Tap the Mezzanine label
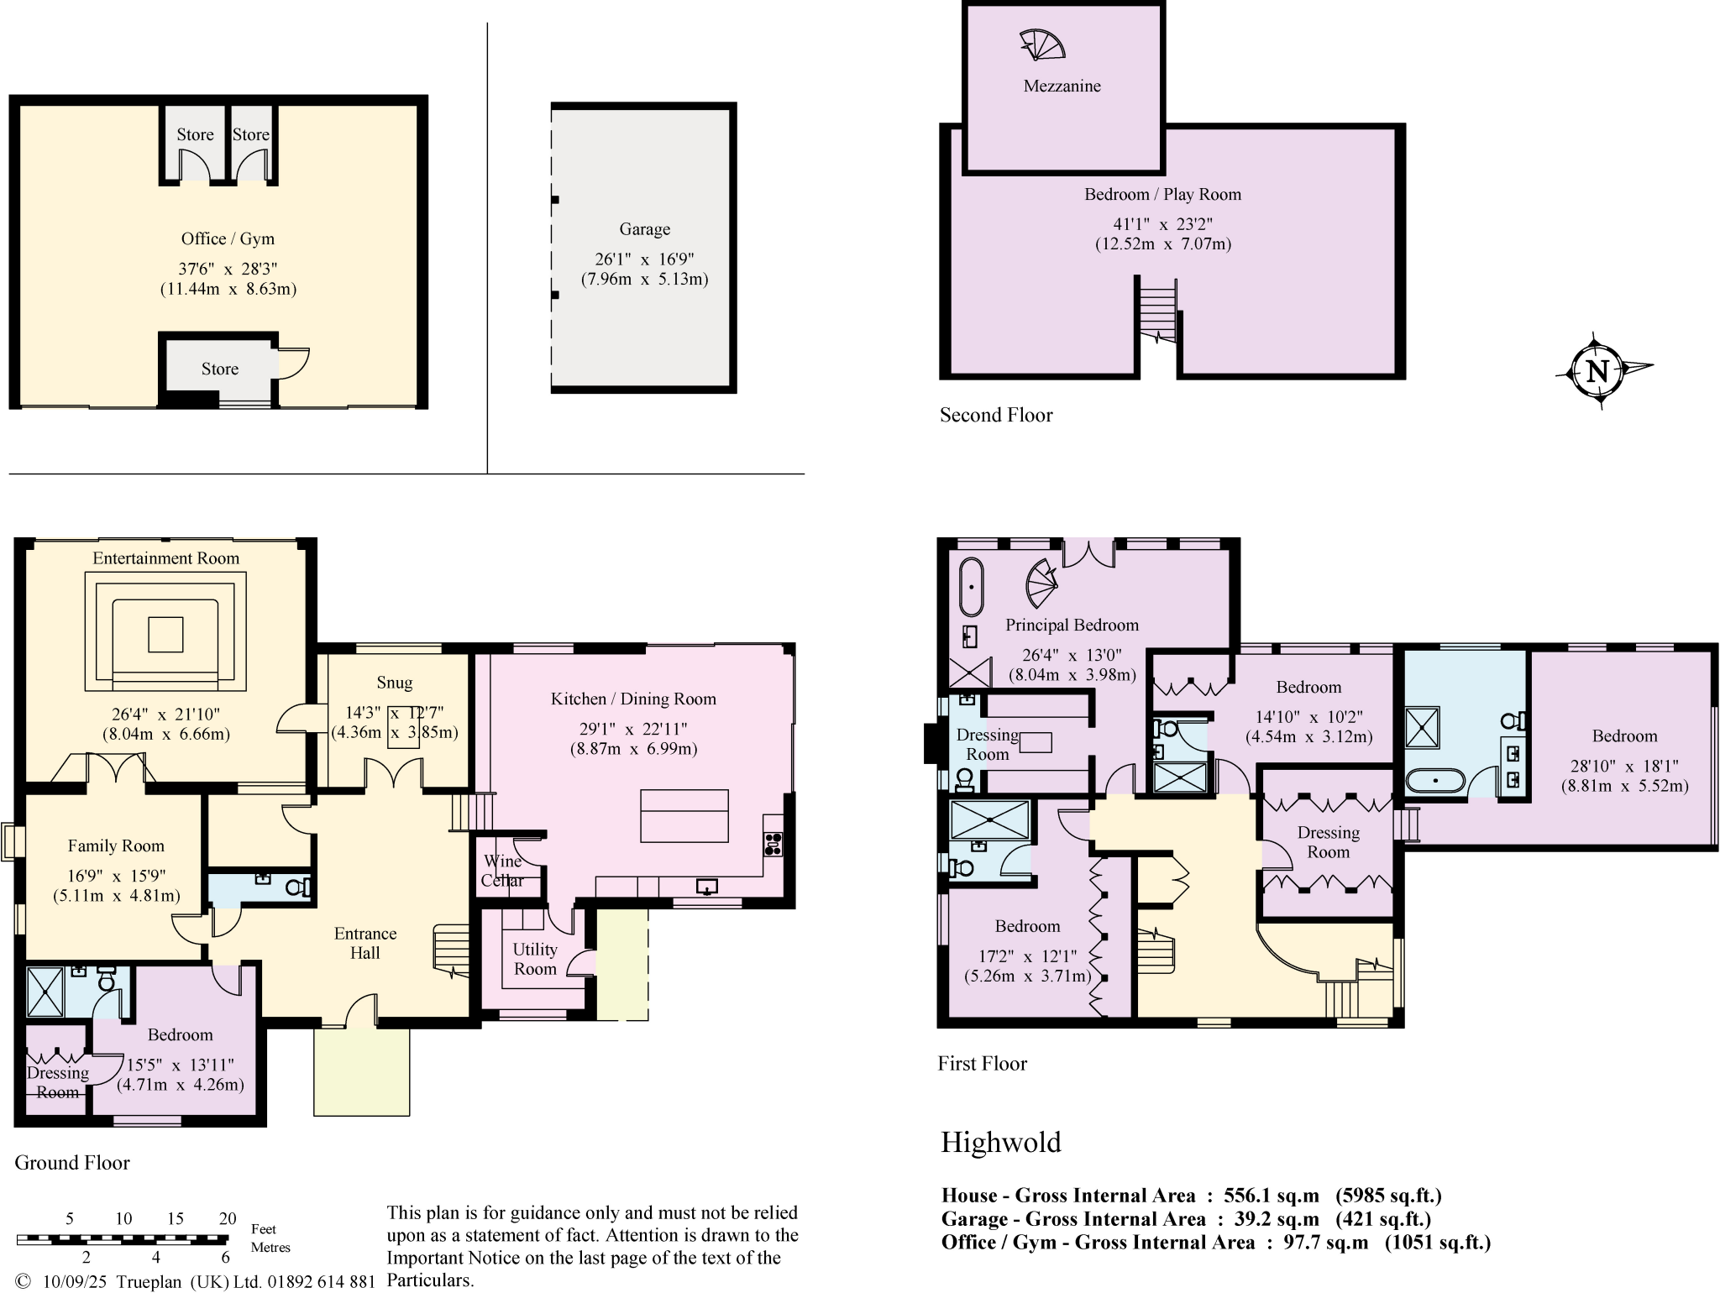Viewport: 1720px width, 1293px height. (x=1062, y=86)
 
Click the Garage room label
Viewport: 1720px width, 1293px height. (x=644, y=229)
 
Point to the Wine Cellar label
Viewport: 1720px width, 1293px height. (x=502, y=871)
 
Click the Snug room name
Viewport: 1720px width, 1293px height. (x=394, y=683)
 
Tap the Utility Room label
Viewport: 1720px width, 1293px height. (x=535, y=959)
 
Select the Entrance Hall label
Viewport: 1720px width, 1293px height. (x=364, y=943)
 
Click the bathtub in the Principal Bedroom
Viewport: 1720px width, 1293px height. (x=971, y=586)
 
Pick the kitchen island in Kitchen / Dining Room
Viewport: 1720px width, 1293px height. (x=684, y=815)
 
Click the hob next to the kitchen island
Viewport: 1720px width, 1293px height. (x=773, y=843)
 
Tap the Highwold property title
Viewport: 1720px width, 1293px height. (x=1000, y=1143)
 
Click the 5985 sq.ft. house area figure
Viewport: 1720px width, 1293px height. (x=1388, y=1195)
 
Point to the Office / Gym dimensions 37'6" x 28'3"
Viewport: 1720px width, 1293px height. (x=228, y=269)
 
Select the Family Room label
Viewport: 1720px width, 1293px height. (x=116, y=845)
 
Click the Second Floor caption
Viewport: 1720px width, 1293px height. (x=995, y=415)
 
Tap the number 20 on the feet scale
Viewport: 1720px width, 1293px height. (x=228, y=1219)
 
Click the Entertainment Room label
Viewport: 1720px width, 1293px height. (x=165, y=558)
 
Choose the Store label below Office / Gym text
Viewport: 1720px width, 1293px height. (x=219, y=369)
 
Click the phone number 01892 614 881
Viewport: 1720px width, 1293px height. (x=322, y=1281)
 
